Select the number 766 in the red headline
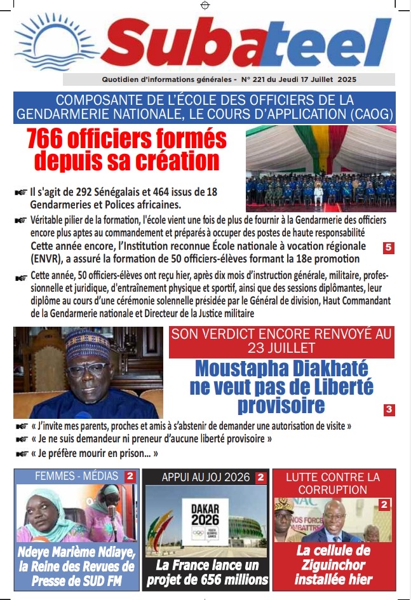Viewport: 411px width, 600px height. [53, 139]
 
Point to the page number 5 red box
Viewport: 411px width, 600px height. [389, 248]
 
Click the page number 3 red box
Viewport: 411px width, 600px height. [389, 410]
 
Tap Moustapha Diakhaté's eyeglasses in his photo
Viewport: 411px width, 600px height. [86, 369]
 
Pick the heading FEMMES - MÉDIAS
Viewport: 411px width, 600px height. [68, 476]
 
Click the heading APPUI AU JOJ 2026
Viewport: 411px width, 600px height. [198, 477]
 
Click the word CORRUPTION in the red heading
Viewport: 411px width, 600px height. [334, 490]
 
